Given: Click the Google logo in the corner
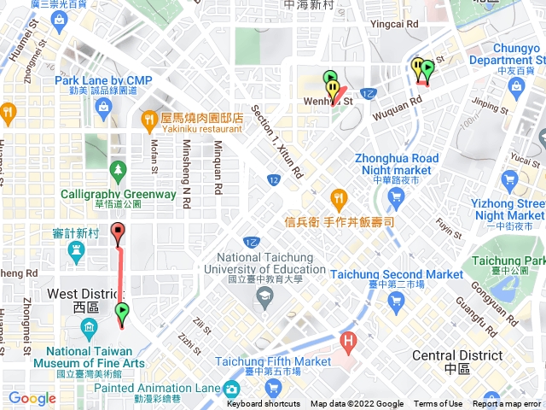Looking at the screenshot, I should pyautogui.click(x=32, y=398).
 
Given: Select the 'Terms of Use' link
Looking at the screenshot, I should pyautogui.click(x=438, y=404).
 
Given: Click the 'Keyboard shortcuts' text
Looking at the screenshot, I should pyautogui.click(x=264, y=404).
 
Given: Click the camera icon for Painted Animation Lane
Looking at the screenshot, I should pyautogui.click(x=231, y=389).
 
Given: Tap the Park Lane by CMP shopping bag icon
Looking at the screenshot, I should pyautogui.click(x=103, y=108).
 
